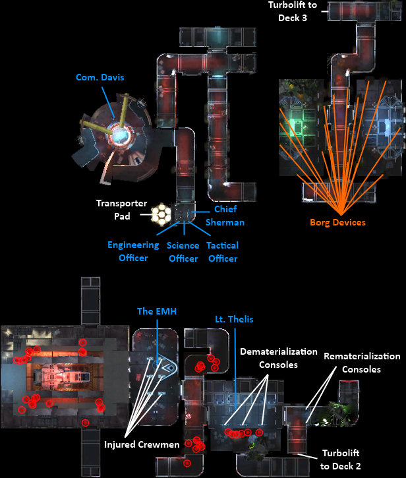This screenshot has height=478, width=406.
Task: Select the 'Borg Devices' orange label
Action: tap(337, 223)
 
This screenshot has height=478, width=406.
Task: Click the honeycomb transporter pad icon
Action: tap(163, 214)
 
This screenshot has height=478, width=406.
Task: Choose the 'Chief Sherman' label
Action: tap(225, 216)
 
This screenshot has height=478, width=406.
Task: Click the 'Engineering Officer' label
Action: tap(133, 251)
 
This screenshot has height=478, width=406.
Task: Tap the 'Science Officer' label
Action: tap(183, 252)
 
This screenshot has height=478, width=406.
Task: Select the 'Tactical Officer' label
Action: tap(222, 252)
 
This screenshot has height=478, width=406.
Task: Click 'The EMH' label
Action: tap(157, 311)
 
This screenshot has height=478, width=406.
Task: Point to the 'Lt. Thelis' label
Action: tap(234, 319)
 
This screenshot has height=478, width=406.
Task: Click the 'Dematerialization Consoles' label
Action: tap(279, 358)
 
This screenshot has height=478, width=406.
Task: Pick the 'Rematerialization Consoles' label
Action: tap(362, 363)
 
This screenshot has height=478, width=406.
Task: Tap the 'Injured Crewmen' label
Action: tap(142, 445)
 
